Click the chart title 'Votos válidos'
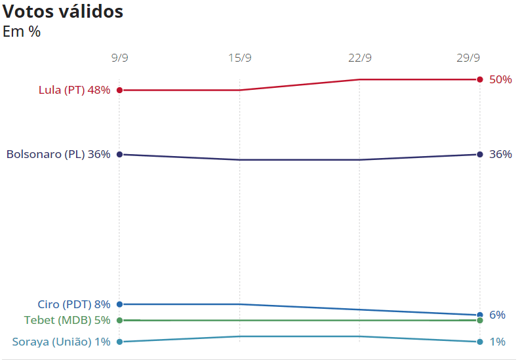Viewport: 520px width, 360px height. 63,11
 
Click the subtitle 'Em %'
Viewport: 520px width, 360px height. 22,31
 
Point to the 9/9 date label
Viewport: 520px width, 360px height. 119,58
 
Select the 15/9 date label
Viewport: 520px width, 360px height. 240,58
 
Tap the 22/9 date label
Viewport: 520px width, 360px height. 360,58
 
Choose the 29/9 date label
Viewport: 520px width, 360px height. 468,58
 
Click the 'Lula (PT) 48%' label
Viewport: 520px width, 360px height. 74,90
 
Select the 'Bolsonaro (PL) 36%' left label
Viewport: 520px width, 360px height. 58,155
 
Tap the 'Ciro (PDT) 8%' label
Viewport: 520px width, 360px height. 73,304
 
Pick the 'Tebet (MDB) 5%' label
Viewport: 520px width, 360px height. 67,321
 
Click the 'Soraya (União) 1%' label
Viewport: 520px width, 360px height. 61,342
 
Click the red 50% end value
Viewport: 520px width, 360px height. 500,79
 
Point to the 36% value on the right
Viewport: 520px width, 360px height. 500,155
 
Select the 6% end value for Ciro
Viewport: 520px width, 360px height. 497,315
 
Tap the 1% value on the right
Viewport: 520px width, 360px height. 497,342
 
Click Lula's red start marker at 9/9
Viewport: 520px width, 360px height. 119,90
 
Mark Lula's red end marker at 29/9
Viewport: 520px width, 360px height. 480,79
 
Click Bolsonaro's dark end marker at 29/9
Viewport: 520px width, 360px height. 480,154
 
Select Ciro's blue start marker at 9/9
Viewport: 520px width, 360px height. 119,304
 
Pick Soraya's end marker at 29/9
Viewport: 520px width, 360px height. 480,342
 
